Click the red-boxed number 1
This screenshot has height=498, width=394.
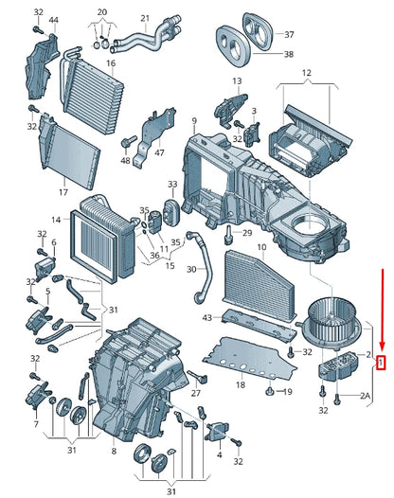381,363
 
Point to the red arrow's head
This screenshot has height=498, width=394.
383,346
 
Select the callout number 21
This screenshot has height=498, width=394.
145,18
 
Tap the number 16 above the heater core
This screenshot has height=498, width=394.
111,63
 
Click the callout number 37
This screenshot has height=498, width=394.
289,34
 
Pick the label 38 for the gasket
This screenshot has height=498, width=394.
289,54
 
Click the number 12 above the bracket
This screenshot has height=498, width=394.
306,73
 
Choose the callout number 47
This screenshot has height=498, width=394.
159,152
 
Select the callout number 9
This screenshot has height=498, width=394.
194,120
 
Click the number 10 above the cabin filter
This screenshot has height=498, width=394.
261,247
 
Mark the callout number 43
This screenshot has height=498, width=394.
206,317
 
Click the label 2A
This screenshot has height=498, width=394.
365,396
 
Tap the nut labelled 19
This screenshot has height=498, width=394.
270,391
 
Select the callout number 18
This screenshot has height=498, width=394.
241,384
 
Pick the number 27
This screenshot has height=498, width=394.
196,393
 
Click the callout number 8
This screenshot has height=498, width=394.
114,451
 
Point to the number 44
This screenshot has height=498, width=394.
53,20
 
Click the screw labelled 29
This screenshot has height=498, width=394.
228,236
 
